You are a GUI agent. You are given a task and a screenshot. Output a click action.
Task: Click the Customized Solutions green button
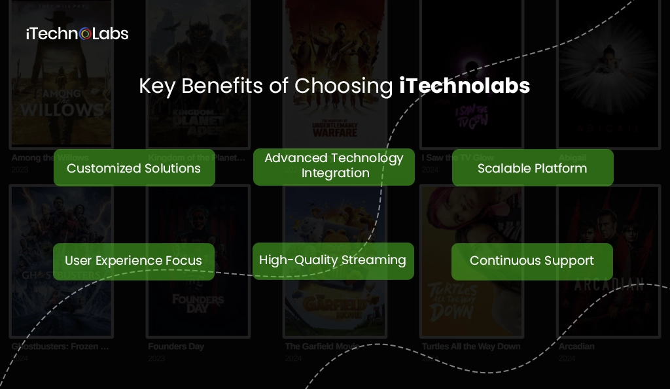tap(134, 168)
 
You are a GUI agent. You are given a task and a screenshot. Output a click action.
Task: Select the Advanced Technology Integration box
tap(334, 166)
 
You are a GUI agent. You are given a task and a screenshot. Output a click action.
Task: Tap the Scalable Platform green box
tap(533, 168)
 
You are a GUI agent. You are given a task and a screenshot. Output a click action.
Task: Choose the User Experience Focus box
tap(133, 261)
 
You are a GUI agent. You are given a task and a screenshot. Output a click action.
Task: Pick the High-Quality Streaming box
tap(333, 260)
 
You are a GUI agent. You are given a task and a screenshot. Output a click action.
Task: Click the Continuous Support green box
tap(532, 261)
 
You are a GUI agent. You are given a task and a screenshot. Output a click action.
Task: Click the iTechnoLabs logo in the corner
tap(77, 33)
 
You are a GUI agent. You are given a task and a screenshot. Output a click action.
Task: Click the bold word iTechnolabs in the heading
tap(465, 86)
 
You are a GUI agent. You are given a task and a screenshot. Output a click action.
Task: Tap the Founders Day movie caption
tap(176, 347)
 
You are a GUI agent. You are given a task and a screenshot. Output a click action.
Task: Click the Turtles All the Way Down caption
tap(470, 347)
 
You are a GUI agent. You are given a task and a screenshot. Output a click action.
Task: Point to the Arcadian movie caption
tap(576, 347)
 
